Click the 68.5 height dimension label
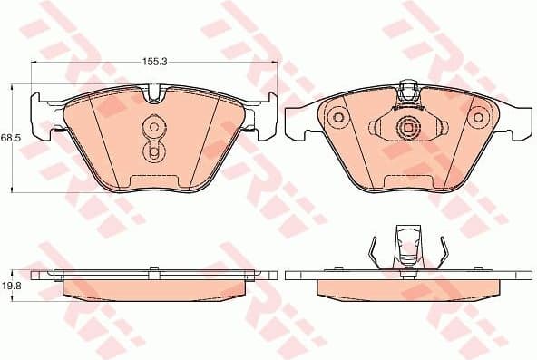10,137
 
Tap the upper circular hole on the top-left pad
153,127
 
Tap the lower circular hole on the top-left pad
153,151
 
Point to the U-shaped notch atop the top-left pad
154,92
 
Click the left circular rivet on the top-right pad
339,116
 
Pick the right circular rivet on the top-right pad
477,116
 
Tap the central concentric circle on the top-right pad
408,130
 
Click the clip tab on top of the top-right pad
408,91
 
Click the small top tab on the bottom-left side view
154,268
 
